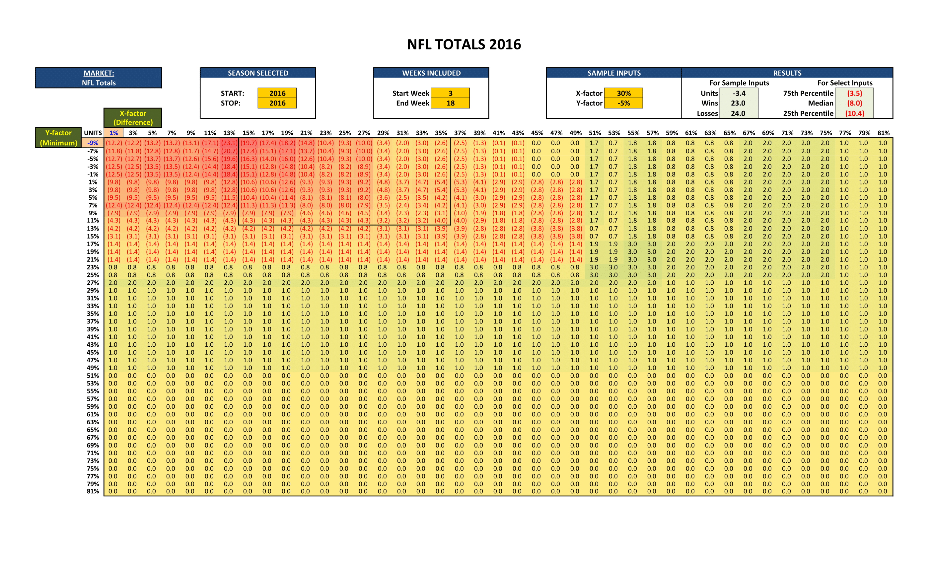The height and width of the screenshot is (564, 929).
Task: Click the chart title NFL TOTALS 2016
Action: pos(464,44)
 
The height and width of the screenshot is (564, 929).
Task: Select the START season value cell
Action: pos(277,93)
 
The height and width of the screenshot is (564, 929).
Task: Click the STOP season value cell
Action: pos(277,103)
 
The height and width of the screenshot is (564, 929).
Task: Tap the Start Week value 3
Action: pos(450,93)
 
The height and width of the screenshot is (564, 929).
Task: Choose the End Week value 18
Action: pos(450,103)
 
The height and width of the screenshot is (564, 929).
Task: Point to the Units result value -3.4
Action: pos(739,93)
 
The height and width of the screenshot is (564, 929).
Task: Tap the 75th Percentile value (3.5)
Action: pos(854,93)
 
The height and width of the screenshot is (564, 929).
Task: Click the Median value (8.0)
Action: pos(854,103)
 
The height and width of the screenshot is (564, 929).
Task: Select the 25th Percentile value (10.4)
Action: pos(854,113)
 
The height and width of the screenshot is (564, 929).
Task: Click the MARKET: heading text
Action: pos(99,73)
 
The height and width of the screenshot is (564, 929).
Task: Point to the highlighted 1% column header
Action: pos(113,133)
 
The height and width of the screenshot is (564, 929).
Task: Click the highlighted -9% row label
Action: pos(93,143)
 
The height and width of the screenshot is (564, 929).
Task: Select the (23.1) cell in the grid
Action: pos(229,143)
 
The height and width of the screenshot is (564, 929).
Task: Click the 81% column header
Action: pos(883,133)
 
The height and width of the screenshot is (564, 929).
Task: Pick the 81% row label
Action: pos(93,491)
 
